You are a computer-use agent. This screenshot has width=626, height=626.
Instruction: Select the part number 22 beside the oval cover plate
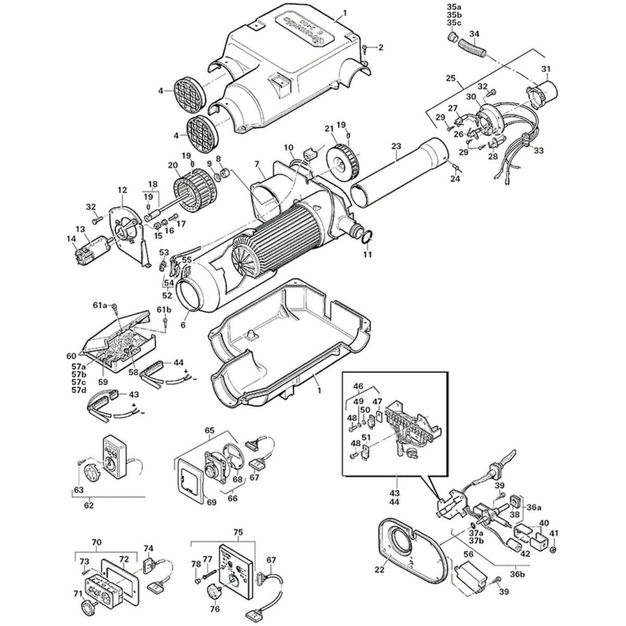tap(379, 570)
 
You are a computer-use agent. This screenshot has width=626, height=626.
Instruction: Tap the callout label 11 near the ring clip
tap(367, 255)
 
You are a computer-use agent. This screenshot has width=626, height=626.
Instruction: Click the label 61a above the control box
tap(100, 305)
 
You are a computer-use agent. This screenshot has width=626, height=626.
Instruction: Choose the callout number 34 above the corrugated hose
tap(474, 34)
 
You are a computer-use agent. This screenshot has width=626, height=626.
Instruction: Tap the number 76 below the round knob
tap(214, 609)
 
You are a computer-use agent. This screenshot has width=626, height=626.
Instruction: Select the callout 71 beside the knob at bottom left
tap(77, 593)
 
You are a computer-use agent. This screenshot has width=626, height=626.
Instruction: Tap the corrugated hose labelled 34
tap(472, 51)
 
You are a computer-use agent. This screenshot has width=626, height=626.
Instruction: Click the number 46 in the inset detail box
tap(358, 387)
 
